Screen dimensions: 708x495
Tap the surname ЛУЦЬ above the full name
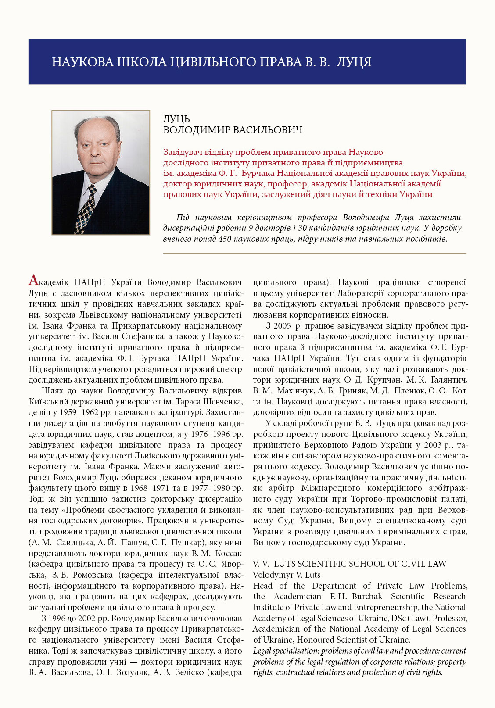176,119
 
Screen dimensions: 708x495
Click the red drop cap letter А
33,280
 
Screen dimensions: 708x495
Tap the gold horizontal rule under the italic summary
314,253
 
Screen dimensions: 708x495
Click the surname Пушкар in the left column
185,542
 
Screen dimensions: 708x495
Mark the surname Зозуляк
134,672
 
